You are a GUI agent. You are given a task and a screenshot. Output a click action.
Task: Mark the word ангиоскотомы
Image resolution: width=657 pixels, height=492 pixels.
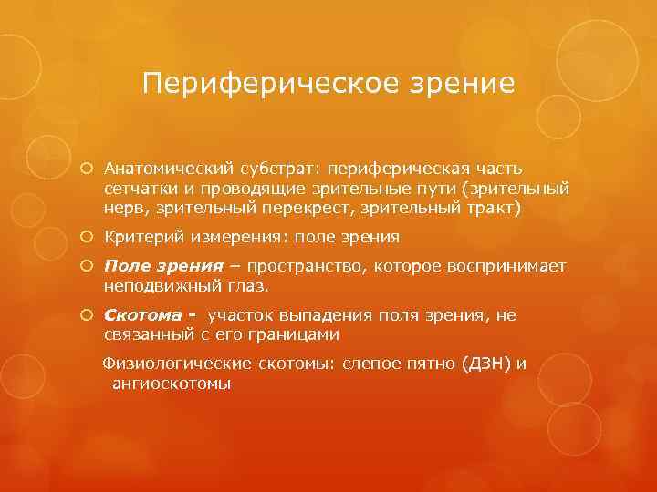click(171, 383)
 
